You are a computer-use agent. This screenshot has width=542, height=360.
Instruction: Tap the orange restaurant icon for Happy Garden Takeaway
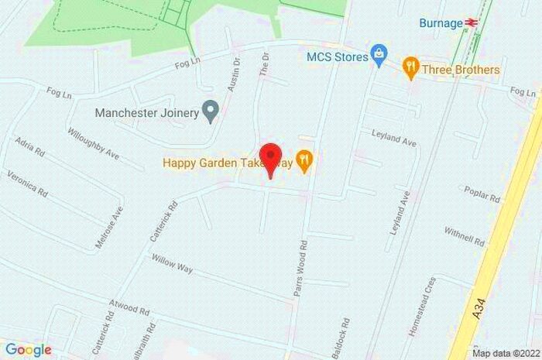tap(306, 162)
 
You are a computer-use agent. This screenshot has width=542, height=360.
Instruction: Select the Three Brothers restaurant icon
tap(410, 70)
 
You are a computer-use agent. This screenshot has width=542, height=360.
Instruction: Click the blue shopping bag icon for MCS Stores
tap(378, 54)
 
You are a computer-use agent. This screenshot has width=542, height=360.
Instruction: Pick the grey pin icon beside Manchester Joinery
tap(210, 112)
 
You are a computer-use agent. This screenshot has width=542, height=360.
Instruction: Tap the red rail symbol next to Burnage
tap(470, 23)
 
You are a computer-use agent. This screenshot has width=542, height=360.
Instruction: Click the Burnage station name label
tap(441, 23)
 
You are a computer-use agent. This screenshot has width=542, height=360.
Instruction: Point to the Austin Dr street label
tap(234, 74)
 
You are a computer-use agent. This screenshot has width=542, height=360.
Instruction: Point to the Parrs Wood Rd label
tap(302, 272)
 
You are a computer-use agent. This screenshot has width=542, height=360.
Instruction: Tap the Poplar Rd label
tap(482, 194)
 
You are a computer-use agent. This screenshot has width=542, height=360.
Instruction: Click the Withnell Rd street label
tap(464, 236)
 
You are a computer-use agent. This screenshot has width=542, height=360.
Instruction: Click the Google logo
tap(28, 350)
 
